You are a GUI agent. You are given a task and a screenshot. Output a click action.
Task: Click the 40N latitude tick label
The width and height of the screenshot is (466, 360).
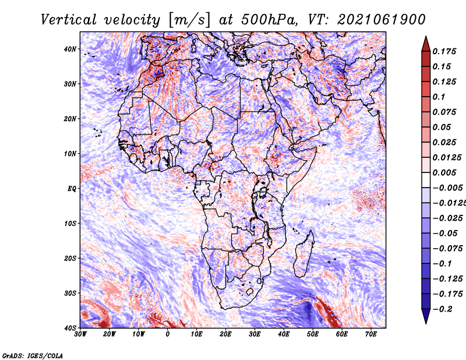pyautogui.click(x=70, y=49)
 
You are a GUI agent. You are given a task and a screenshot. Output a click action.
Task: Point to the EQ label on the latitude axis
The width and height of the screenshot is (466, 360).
pyautogui.click(x=72, y=189)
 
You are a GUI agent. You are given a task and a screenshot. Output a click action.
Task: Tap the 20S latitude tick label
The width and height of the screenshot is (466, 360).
pyautogui.click(x=70, y=258)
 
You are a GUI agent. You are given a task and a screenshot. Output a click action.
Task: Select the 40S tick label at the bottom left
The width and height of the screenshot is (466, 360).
pyautogui.click(x=70, y=328)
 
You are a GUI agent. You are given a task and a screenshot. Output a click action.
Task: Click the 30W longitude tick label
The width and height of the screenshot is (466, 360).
pyautogui.click(x=80, y=334)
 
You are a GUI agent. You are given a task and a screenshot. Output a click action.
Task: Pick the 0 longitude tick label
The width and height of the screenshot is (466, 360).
pyautogui.click(x=168, y=334)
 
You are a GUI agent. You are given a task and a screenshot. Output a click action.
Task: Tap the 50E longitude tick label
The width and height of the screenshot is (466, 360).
pyautogui.click(x=313, y=334)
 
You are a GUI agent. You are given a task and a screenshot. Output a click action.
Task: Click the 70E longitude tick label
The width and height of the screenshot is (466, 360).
pyautogui.click(x=370, y=334)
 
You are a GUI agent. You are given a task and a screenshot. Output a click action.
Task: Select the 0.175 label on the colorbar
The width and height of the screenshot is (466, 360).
pyautogui.click(x=444, y=51)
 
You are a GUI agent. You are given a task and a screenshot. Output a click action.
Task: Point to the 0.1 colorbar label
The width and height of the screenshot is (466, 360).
pyautogui.click(x=439, y=97)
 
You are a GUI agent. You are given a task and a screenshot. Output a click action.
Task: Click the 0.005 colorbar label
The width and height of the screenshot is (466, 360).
pyautogui.click(x=444, y=172)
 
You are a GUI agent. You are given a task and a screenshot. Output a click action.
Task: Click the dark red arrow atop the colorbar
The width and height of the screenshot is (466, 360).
pyautogui.click(x=426, y=45)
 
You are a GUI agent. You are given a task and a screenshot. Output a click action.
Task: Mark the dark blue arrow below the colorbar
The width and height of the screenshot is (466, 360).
pyautogui.click(x=426, y=316)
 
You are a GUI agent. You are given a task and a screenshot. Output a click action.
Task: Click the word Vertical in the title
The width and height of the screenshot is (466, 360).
pyautogui.click(x=69, y=20)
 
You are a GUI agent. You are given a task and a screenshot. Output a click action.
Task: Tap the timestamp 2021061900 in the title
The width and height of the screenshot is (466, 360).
pyautogui.click(x=382, y=20)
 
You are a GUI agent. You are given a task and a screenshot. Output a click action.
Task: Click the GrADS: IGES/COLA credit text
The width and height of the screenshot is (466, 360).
pyautogui.click(x=33, y=355)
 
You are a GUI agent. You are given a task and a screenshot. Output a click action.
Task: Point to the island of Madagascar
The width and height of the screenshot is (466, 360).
pyautogui.click(x=303, y=253)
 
